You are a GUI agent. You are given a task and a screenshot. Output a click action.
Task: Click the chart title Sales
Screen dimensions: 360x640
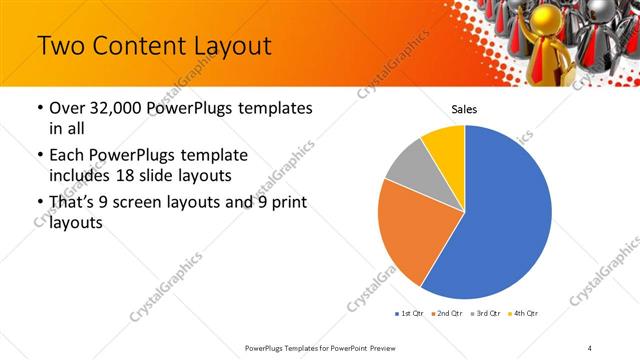tap(464, 111)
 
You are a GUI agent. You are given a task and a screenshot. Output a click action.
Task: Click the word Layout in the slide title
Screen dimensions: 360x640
tap(222, 47)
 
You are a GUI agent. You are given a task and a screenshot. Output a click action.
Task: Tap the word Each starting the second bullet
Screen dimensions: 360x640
tap(68, 156)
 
